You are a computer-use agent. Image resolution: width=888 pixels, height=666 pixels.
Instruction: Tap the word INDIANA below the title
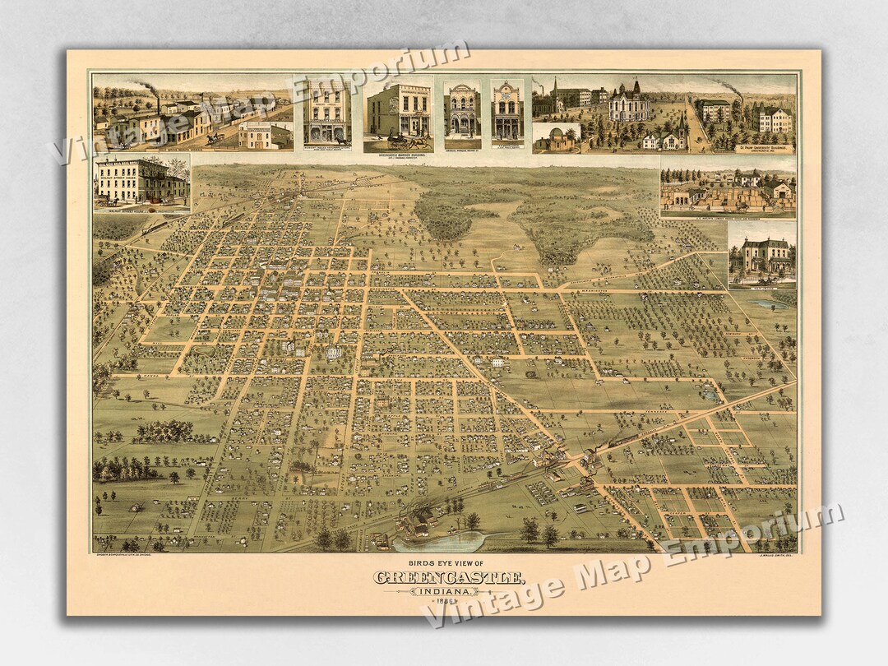coord(447,591)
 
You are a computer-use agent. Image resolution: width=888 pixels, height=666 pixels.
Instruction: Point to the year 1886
coord(447,603)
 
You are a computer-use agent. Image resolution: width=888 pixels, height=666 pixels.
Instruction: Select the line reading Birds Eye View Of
coord(446,562)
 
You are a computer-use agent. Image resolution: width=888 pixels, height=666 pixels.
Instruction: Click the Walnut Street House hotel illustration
coord(141,182)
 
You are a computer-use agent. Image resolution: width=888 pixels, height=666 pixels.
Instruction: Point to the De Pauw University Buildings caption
coord(745,149)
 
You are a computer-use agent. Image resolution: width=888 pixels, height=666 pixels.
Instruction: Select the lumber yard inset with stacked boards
coord(727,192)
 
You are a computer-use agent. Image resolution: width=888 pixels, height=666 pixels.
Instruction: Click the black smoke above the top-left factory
coord(144,84)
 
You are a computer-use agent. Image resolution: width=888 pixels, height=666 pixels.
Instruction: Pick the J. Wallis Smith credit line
coord(770,557)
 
